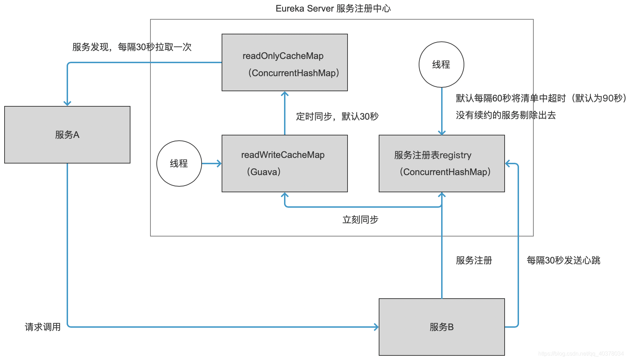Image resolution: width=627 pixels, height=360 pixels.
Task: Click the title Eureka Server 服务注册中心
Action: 333,8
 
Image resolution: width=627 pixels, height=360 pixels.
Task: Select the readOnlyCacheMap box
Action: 284,62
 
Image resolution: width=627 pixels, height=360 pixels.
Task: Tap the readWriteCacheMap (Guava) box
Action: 284,164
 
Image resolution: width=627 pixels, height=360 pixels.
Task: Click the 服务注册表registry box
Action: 441,164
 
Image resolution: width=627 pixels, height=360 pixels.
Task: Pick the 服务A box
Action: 67,135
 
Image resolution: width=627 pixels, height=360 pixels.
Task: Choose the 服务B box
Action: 441,327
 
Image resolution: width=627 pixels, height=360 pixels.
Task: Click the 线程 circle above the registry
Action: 441,65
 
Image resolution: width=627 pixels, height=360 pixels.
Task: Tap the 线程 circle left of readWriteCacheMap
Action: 179,164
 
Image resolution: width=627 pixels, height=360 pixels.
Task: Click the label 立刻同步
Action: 360,220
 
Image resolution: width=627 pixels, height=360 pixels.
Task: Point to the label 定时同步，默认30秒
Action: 337,116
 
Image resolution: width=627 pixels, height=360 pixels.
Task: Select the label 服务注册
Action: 474,260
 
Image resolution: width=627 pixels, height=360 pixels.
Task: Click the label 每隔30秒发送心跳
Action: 563,260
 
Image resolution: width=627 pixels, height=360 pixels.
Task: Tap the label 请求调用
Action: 42,327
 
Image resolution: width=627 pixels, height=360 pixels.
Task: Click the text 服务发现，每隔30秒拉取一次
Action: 132,47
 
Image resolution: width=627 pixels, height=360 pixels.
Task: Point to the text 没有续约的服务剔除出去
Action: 506,115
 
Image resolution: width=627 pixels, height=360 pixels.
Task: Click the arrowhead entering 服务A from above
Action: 67,103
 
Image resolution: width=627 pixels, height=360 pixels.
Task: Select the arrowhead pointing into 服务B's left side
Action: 376,327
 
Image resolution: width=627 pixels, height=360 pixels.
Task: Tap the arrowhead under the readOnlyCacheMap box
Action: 285,94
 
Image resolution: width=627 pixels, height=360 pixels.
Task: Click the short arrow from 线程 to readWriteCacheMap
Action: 212,164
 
